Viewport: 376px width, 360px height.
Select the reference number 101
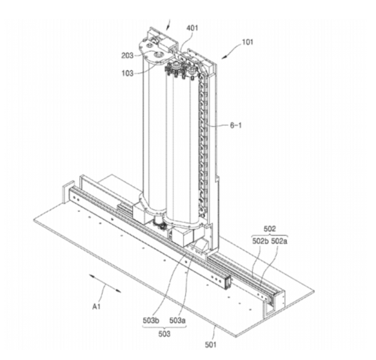click(x=247, y=42)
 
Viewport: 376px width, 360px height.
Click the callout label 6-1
click(x=235, y=126)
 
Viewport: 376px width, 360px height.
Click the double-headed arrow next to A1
click(x=106, y=283)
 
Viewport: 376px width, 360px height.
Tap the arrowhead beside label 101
click(x=225, y=56)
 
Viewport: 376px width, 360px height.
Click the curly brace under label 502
click(x=270, y=235)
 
